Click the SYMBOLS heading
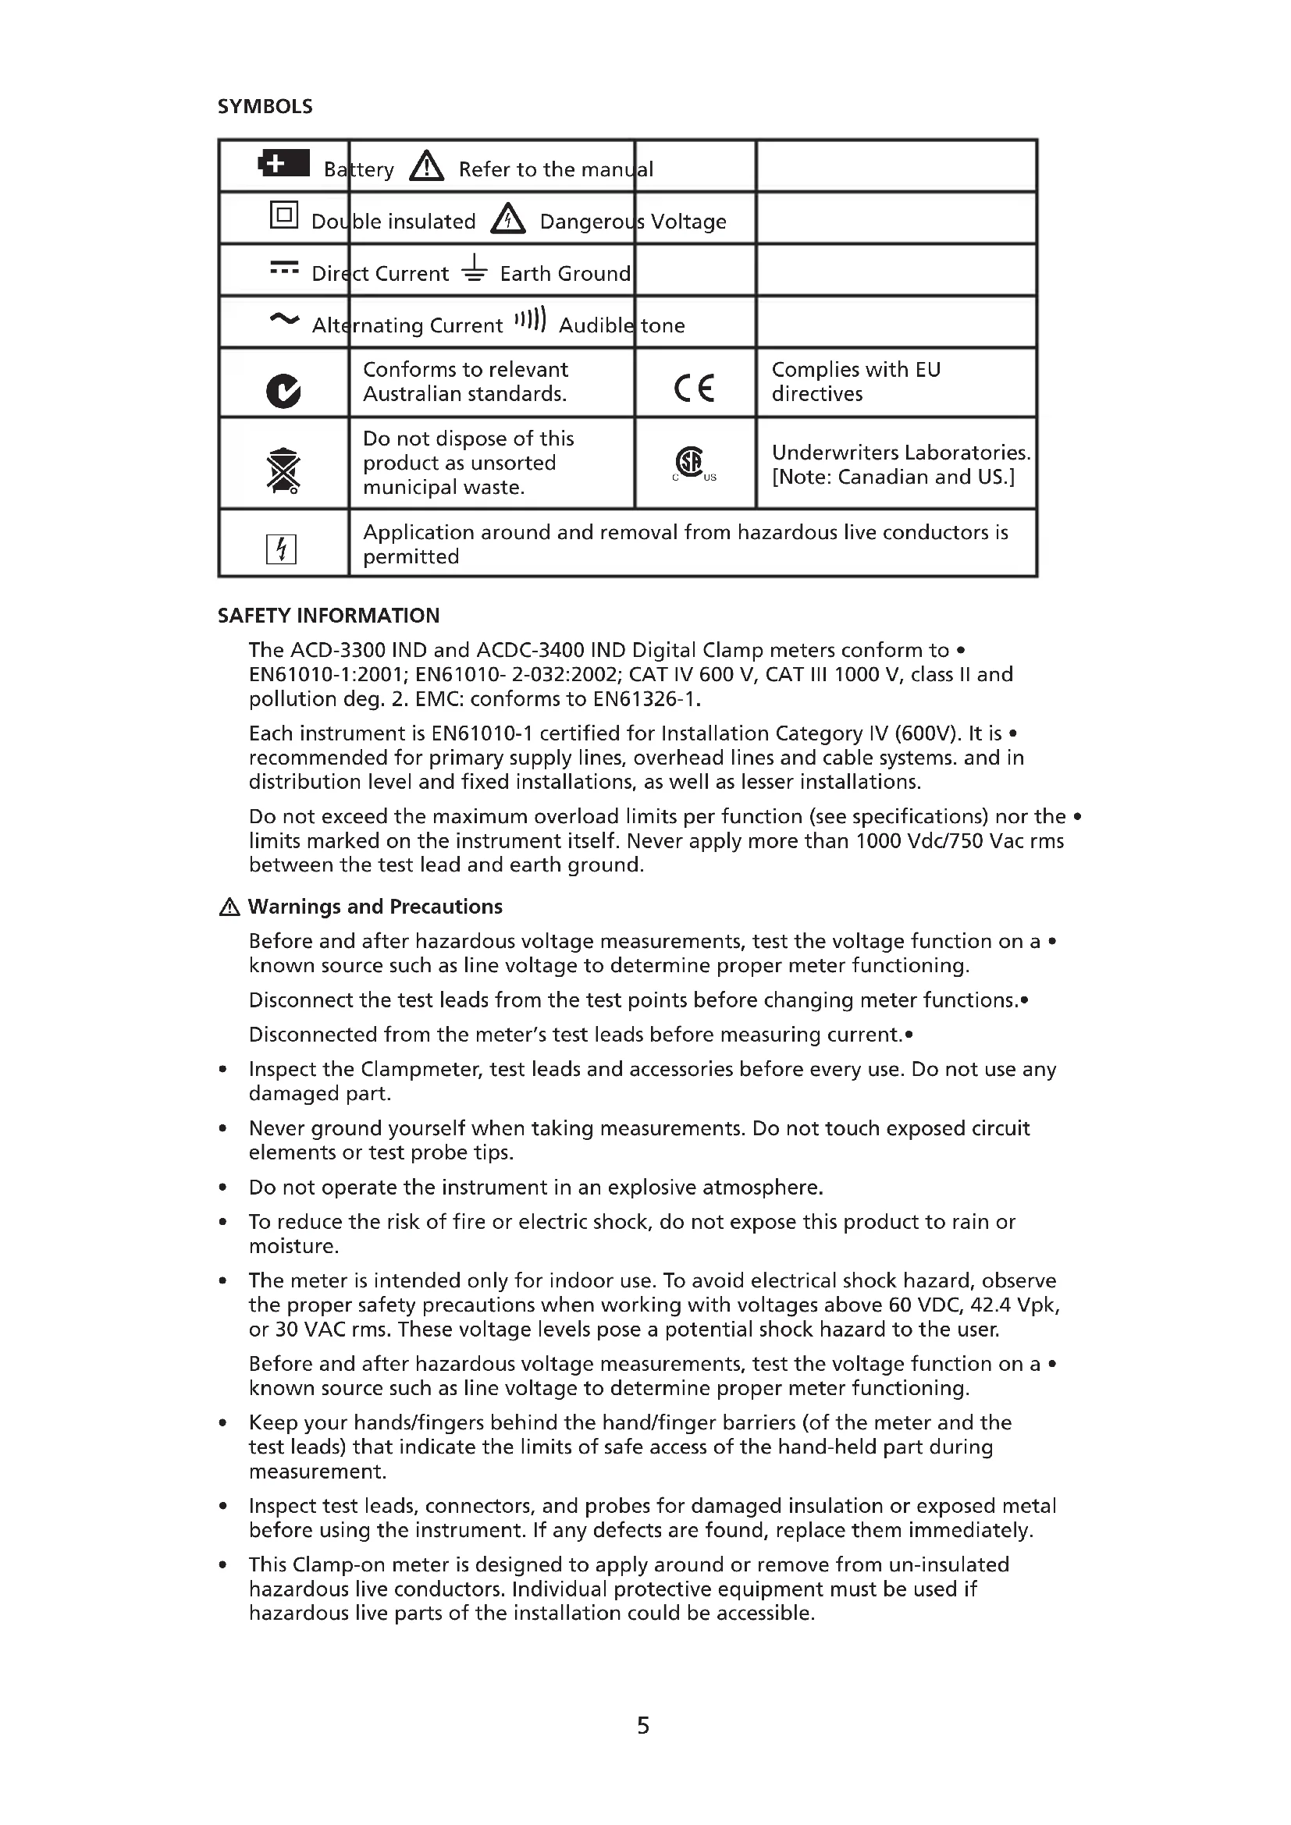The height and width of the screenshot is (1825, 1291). coord(265,107)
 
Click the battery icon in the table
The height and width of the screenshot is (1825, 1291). coord(284,164)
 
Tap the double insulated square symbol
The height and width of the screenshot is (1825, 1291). coord(284,215)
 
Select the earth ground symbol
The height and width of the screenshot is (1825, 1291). coord(475,268)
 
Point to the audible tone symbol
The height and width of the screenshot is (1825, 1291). coord(530,320)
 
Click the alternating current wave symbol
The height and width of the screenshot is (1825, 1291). coord(284,320)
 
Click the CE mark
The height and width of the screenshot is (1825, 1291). coord(694,387)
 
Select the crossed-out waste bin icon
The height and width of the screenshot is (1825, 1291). coord(284,470)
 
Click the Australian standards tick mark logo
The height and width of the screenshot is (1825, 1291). coord(284,390)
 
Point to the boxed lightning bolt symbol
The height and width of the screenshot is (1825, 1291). coord(281,549)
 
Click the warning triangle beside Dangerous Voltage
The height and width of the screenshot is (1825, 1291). coord(508,218)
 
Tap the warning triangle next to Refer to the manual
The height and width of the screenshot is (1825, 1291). coord(427,167)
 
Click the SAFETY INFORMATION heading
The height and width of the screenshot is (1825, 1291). coord(329,616)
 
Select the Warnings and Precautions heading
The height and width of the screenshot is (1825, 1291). coord(375,907)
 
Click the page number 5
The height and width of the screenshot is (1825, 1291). coord(643,1726)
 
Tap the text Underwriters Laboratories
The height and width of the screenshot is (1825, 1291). coord(901,453)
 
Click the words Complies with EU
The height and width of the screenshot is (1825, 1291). coord(855,370)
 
